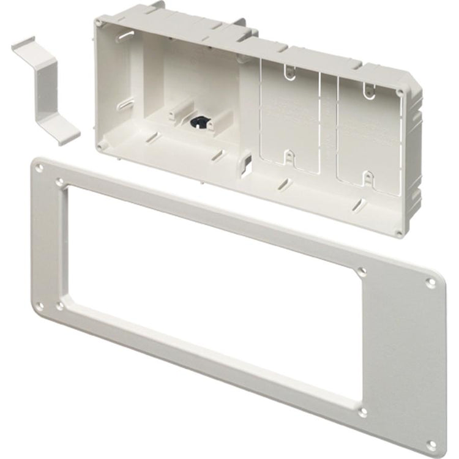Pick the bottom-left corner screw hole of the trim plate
pyautogui.click(x=40, y=305)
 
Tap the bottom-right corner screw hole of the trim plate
pyautogui.click(x=431, y=444)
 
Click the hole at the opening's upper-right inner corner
pyautogui.click(x=362, y=270)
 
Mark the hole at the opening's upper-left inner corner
pyautogui.click(x=60, y=182)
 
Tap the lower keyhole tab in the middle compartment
pyautogui.click(x=288, y=159)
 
